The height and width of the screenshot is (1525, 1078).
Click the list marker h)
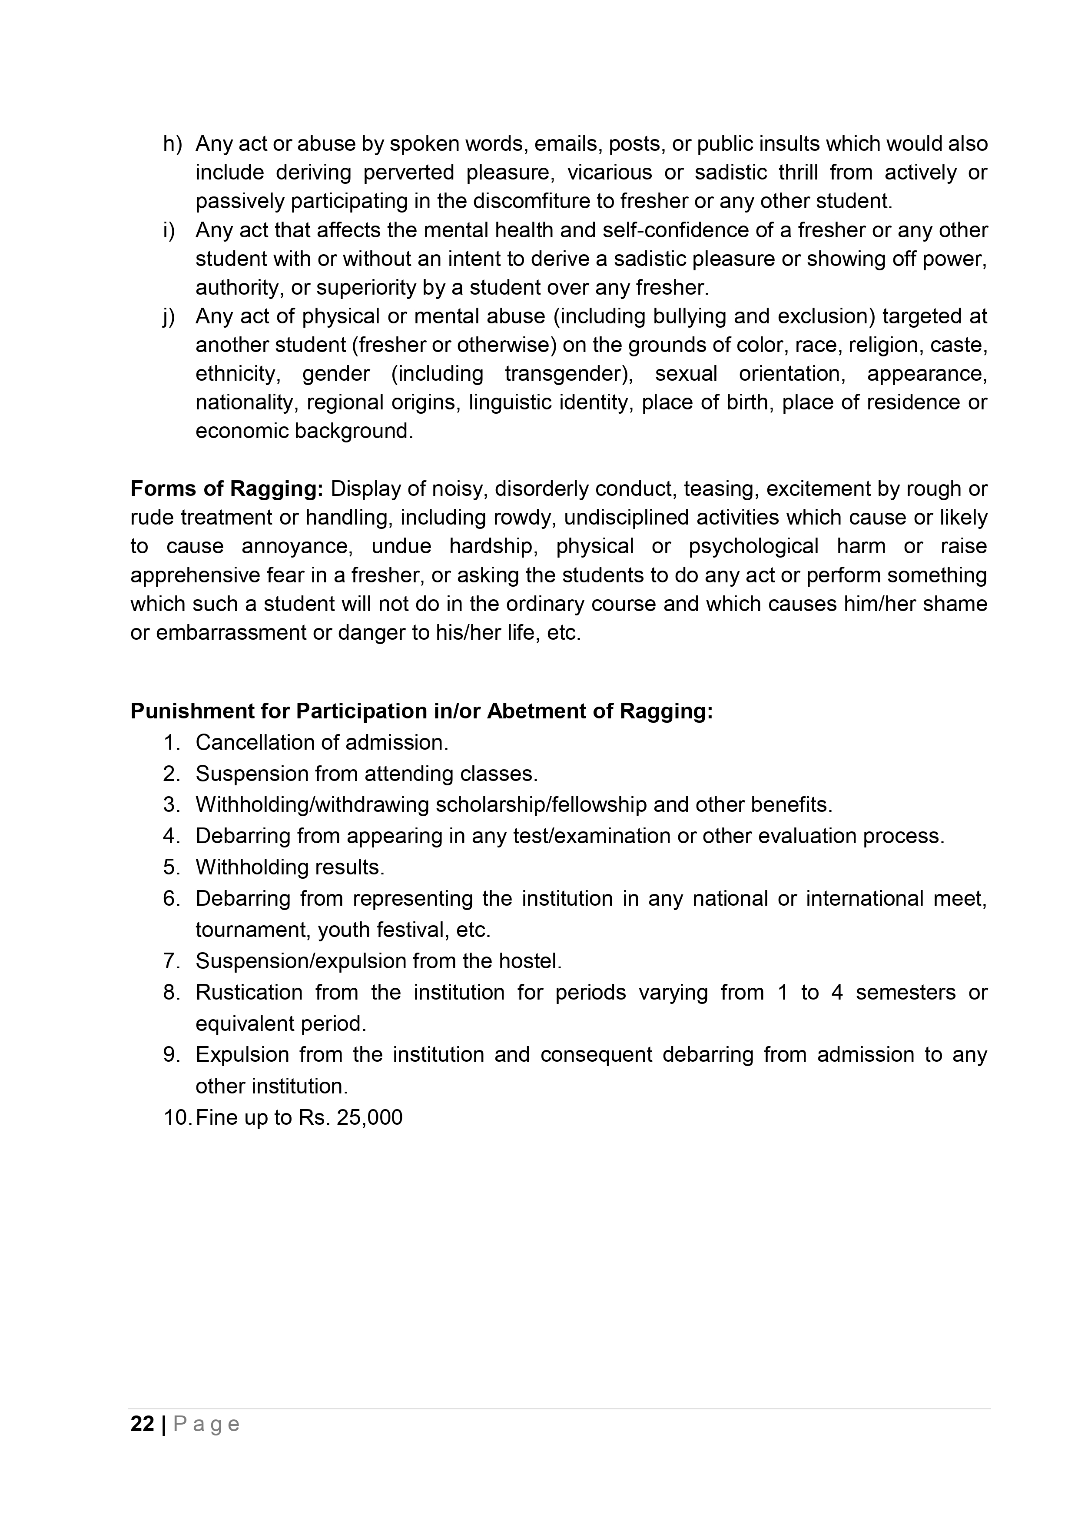(x=172, y=144)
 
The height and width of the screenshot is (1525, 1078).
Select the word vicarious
(x=610, y=173)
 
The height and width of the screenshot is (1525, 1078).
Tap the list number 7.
(x=171, y=961)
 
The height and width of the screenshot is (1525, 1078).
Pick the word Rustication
(x=249, y=992)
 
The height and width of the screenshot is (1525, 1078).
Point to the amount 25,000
(x=369, y=1118)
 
